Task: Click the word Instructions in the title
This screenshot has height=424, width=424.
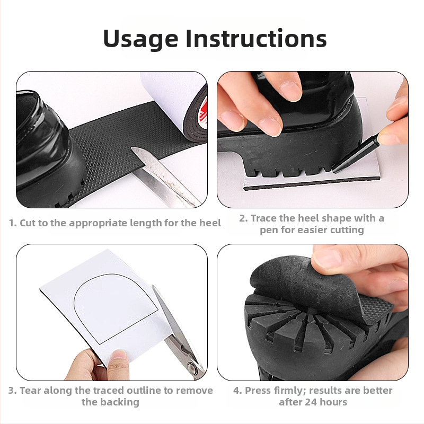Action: coord(257,38)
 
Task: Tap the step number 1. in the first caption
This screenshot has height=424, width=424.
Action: coord(13,223)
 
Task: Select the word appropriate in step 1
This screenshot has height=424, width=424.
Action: coord(98,224)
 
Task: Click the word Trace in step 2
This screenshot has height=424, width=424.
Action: coord(263,218)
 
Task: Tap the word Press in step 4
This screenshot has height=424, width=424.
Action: coord(258,391)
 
